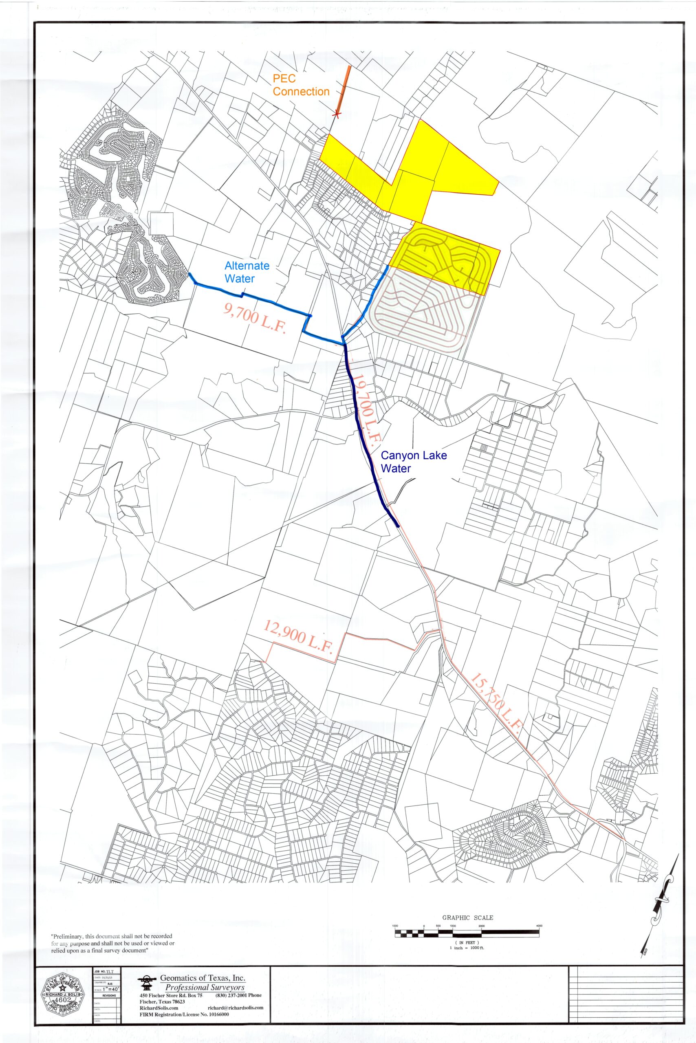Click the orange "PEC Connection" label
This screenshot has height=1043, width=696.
[x=301, y=85]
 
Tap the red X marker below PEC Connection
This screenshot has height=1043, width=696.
[x=337, y=115]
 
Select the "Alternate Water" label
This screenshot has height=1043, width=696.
[x=247, y=272]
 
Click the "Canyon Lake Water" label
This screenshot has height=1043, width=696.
[x=414, y=462]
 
